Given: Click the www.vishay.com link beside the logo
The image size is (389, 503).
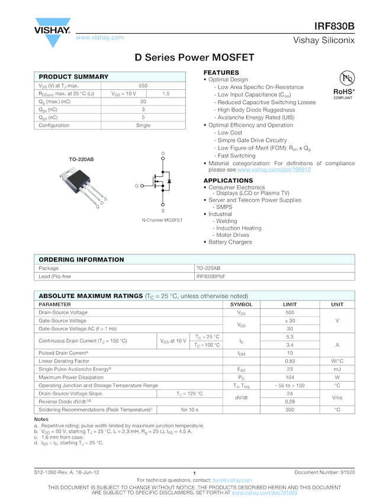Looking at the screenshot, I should click(99, 37).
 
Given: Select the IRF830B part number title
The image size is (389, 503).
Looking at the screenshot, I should click(335, 26).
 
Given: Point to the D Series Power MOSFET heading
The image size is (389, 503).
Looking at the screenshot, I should click(194, 57).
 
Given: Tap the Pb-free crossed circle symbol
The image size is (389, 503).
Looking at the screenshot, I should click(347, 78).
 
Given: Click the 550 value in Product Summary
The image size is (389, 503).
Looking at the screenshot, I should click(143, 86).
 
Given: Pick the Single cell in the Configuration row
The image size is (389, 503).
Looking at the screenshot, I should click(143, 125).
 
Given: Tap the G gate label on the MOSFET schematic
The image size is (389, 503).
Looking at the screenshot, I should click(136, 186).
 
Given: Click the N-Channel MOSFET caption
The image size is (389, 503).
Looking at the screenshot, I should click(162, 220).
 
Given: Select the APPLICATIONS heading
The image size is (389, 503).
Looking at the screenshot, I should click(228, 180).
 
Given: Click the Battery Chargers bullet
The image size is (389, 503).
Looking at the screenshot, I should click(230, 242).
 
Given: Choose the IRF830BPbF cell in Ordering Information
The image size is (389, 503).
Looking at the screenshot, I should click(211, 276).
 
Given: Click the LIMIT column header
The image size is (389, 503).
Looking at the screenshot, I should click(290, 304).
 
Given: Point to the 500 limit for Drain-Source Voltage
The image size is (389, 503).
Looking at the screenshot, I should click(290, 312).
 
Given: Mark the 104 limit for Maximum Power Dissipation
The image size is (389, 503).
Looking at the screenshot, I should click(290, 377).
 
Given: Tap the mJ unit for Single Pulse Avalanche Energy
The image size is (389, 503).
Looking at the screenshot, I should click(337, 369).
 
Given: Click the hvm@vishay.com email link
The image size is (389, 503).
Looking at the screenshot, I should click(233, 480).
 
